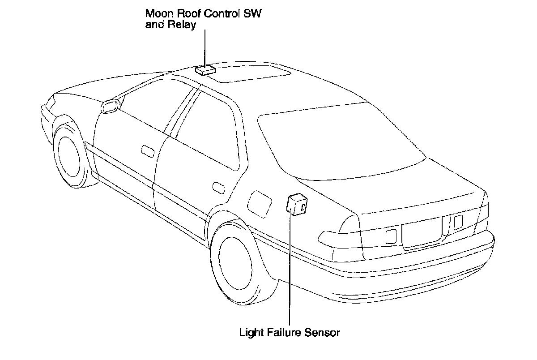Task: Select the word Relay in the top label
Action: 183,25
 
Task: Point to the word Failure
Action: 285,333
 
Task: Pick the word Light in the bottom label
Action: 250,333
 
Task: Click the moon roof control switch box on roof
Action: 205,70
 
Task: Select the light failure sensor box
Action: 296,204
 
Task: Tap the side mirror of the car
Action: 110,107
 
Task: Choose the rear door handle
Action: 218,187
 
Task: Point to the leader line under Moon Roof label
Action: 205,47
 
